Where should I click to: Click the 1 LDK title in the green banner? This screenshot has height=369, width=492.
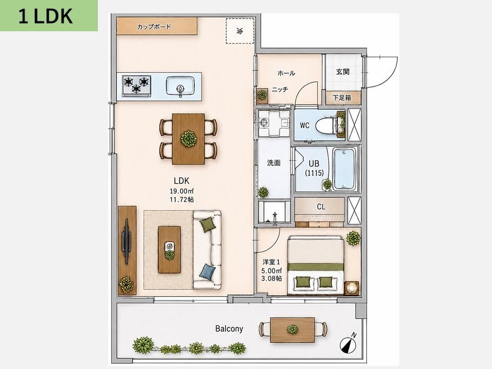tap(46, 16)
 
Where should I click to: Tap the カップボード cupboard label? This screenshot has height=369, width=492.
tap(154, 27)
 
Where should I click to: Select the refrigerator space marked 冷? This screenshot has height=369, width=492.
tap(240, 31)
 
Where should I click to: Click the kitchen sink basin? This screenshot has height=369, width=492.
tap(180, 86)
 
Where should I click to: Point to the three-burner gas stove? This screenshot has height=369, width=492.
tap(136, 86)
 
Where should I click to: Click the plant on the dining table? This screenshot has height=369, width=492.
tap(189, 139)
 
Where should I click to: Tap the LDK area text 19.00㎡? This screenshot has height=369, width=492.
tap(181, 191)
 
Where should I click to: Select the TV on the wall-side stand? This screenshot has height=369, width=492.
tap(126, 241)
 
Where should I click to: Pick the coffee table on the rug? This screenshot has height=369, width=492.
tap(170, 250)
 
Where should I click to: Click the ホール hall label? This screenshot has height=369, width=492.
tap(286, 73)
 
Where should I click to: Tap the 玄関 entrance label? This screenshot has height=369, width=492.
tap(343, 72)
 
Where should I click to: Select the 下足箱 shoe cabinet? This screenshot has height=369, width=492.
tap(342, 97)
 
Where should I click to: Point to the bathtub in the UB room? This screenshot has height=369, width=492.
tap(344, 169)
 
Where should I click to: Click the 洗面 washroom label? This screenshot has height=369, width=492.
tap(274, 163)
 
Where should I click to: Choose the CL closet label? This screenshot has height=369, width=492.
tap(321, 207)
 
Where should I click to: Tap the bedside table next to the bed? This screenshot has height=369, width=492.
tap(352, 288)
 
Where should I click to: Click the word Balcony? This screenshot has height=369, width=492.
tap(229, 329)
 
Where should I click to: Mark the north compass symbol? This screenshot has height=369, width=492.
tap(348, 343)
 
